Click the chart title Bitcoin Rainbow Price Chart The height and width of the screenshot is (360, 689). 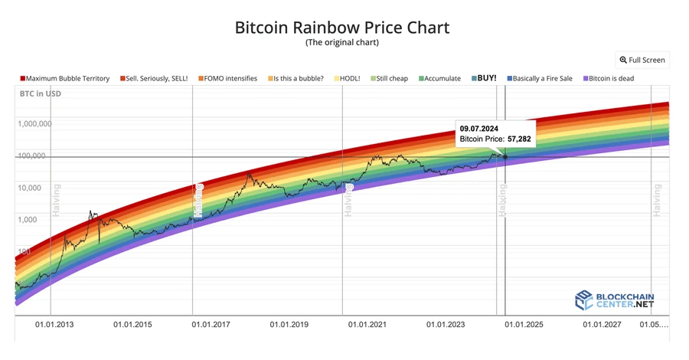[x=341, y=28]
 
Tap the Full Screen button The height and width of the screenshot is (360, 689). [x=642, y=60]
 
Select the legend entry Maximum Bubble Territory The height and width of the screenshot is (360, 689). [x=65, y=78]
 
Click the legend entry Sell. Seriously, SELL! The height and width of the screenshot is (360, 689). [x=157, y=78]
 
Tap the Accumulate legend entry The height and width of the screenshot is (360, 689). [x=439, y=78]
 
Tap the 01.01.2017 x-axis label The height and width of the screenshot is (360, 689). [x=211, y=325]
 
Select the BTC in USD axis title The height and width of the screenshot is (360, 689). [x=40, y=94]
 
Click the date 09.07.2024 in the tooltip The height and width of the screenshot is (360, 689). [x=479, y=128]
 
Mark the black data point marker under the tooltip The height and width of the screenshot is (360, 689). [x=505, y=156]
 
